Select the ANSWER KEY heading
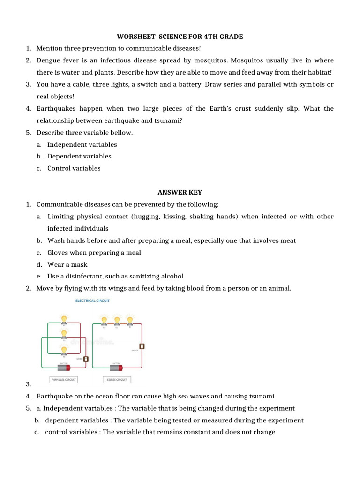tap(180, 192)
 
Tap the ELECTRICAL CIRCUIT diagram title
tap(93, 301)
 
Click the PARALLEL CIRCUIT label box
tap(64, 379)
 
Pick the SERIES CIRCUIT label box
tap(117, 379)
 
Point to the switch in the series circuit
tap(142, 346)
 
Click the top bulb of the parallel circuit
tap(64, 319)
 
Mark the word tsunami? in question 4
tap(167, 120)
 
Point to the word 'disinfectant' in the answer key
tap(85, 276)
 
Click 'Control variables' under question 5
tap(74, 168)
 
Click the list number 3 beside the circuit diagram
tap(28, 384)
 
